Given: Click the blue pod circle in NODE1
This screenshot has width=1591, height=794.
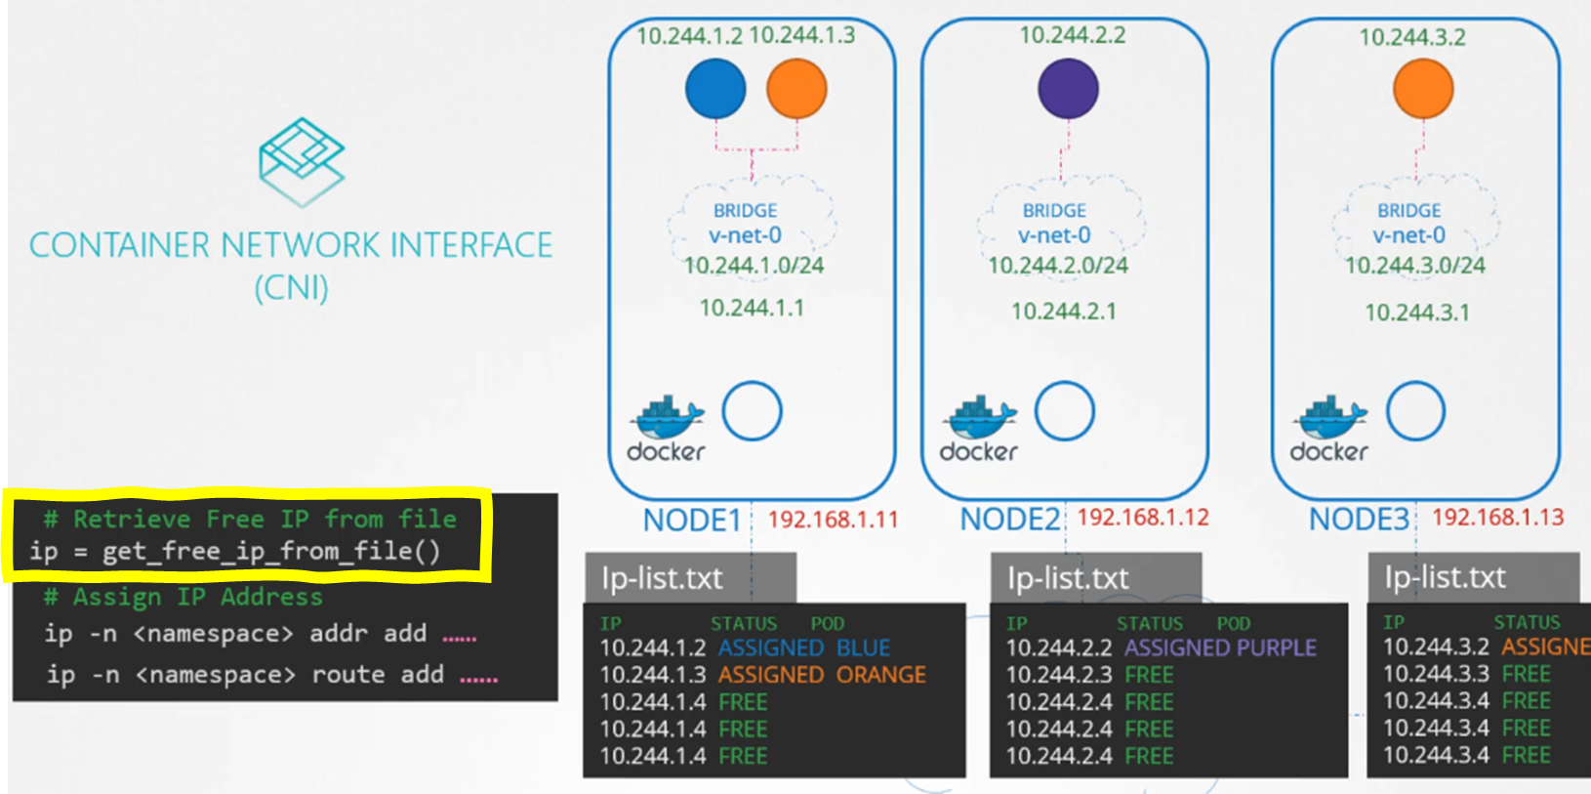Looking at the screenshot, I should [x=715, y=89].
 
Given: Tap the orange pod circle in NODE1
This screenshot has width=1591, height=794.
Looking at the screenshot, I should [x=796, y=89].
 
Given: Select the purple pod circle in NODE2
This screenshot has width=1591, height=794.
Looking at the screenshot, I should [x=1068, y=89].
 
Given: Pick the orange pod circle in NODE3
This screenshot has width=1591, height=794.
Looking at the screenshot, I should [x=1422, y=89].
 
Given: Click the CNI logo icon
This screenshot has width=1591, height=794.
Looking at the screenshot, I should [x=302, y=161].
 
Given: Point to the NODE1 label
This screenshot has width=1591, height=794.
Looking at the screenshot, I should [x=692, y=521].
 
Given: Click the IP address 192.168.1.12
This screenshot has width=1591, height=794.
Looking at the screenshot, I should [x=1143, y=518].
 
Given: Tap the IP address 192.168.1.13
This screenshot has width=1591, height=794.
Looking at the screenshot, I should [x=1497, y=518].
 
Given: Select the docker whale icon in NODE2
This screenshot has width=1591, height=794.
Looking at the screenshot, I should [x=979, y=418].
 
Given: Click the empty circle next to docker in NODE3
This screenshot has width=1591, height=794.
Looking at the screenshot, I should [x=1415, y=411].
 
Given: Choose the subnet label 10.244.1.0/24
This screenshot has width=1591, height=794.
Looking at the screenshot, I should [x=754, y=266].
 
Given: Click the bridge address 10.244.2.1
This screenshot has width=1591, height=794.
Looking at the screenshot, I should [x=1063, y=312].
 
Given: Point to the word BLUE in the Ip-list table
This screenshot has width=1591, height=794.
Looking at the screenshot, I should [x=863, y=648].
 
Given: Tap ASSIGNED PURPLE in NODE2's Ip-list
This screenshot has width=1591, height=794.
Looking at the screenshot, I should [x=1220, y=648].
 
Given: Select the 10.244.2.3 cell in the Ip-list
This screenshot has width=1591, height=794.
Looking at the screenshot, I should [x=1059, y=675].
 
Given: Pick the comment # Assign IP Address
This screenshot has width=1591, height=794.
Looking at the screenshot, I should [x=183, y=597].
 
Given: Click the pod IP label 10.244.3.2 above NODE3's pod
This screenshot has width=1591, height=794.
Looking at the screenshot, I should [x=1412, y=37].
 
